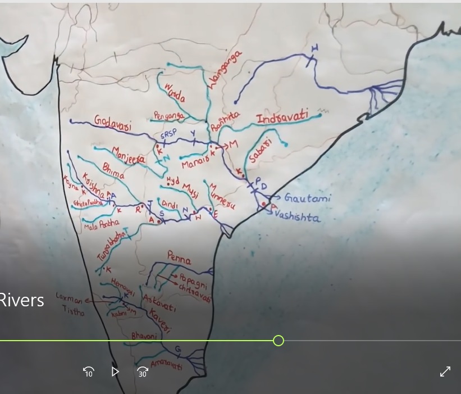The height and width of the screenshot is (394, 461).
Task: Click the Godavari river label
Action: click(113, 124)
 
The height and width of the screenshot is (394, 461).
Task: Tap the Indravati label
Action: click(282, 119)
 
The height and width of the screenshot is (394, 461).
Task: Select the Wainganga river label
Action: click(225, 70)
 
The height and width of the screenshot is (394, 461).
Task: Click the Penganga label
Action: click(168, 116)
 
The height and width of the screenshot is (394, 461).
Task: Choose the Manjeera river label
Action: click(129, 155)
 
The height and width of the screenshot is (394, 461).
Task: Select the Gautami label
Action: click(307, 198)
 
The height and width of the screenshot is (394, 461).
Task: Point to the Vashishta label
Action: click(300, 218)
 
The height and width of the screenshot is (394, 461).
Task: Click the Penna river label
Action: click(179, 260)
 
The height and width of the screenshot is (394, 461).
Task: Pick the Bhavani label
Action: click(145, 336)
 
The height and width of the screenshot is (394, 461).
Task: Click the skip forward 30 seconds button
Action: click(143, 372)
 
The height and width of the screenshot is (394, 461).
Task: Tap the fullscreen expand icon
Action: click(445, 372)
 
